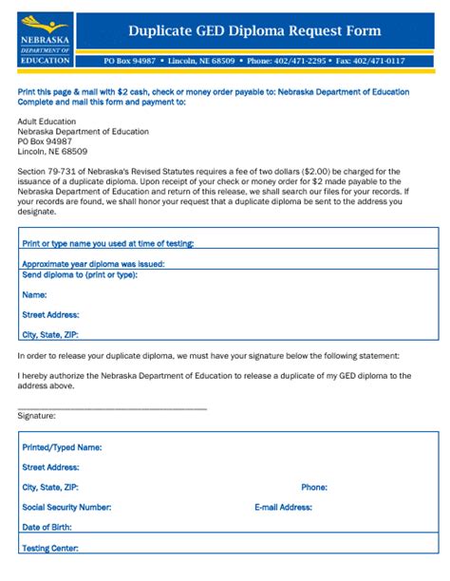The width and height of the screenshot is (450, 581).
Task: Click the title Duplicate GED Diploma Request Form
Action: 254,30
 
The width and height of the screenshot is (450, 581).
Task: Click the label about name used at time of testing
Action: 107,242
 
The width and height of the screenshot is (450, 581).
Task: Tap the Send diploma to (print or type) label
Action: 80,274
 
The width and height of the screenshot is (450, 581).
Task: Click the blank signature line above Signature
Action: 112,407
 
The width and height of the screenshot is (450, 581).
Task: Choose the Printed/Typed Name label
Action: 62,446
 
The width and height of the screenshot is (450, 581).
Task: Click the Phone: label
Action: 314,487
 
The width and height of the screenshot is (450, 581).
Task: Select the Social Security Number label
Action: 66,507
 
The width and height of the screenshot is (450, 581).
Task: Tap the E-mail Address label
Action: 283,507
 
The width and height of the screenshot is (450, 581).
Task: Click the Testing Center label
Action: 49,548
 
